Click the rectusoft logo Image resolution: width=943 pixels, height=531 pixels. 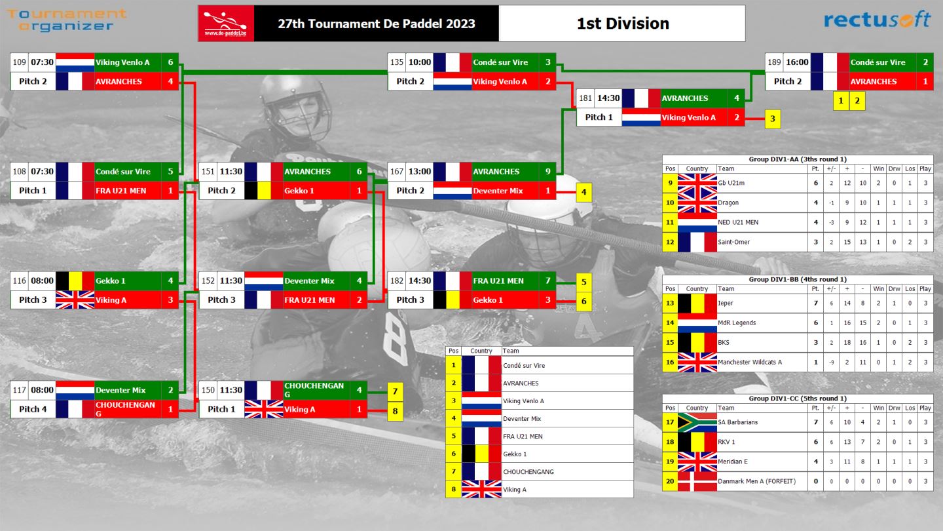tap(877, 20)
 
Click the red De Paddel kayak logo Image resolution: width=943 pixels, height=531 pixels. tap(226, 23)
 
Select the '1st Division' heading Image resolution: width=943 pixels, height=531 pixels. tap(623, 24)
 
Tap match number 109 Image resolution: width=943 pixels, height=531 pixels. tap(20, 62)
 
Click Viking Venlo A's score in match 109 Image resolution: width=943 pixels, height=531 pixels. tap(170, 62)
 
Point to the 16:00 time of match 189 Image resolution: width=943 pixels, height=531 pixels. tap(797, 62)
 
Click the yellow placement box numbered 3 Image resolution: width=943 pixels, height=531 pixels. tap(773, 119)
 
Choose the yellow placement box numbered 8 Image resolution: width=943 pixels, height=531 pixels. tap(395, 411)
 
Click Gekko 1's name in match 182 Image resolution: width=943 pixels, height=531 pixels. tap(487, 300)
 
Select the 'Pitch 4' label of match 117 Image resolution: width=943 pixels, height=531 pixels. tap(33, 409)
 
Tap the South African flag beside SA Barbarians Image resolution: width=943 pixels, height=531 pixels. tap(697, 422)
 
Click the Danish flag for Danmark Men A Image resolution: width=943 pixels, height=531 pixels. tap(697, 481)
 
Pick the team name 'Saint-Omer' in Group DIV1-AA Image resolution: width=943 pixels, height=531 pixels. tap(733, 242)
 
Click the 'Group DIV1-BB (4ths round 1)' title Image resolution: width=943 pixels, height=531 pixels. tap(798, 279)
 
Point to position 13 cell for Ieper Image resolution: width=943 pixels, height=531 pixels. tap(670, 303)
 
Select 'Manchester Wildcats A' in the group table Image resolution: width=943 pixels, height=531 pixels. tap(750, 362)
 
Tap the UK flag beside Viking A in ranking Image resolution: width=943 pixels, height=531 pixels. tap(481, 489)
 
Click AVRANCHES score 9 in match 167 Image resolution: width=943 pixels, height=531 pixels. tap(547, 172)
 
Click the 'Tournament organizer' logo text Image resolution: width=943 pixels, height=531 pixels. tap(67, 20)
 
